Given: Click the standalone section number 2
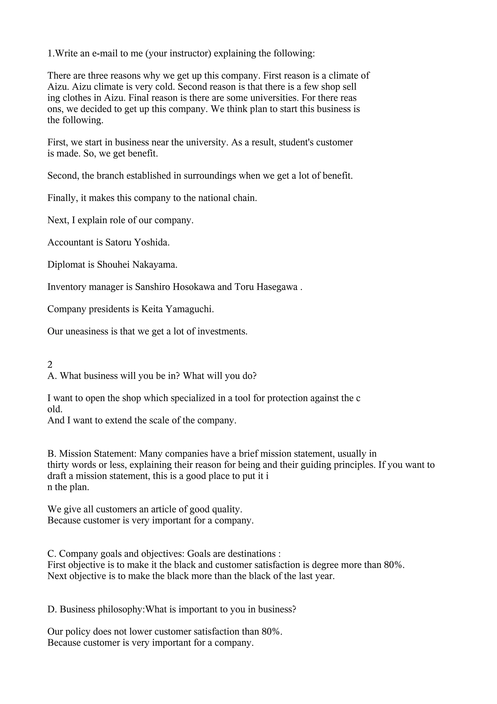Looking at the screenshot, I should tap(50, 365).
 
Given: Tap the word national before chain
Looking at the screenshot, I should tap(215, 198).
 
